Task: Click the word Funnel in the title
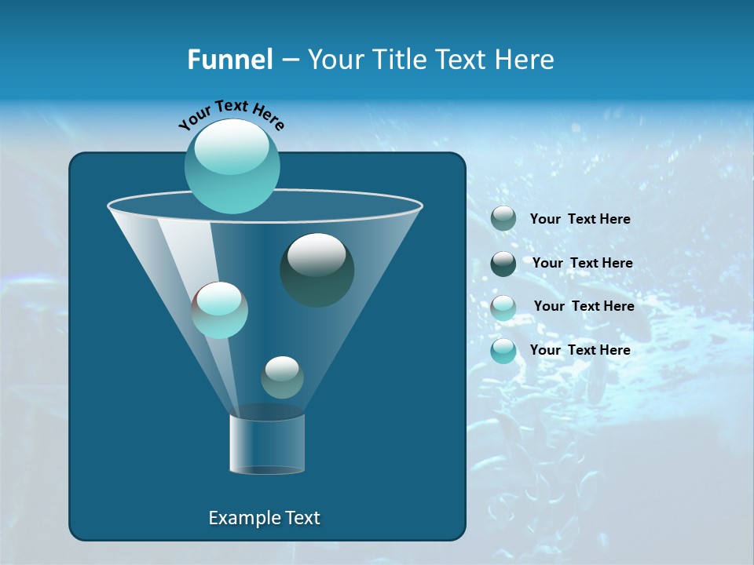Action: coord(230,60)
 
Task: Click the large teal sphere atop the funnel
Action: coord(232,166)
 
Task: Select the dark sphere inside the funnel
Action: coord(317,270)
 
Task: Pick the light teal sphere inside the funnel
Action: coord(220,310)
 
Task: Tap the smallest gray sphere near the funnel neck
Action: coord(282,377)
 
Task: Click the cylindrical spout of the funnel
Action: coord(267,443)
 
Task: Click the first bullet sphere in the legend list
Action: coord(503,219)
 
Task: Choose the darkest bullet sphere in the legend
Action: coord(503,264)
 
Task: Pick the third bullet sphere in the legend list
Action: coord(503,307)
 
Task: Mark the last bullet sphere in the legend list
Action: coord(503,351)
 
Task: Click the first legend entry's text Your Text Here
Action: coord(580,220)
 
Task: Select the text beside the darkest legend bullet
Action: coord(582,264)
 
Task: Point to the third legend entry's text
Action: coord(584,306)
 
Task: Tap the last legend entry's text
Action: coord(580,350)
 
